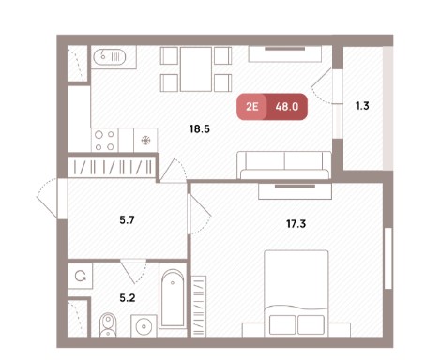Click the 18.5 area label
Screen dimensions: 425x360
tap(200, 128)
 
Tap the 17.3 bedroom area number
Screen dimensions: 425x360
tap(296, 224)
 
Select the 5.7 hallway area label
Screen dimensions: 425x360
tap(127, 220)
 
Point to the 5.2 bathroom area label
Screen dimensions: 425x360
tap(128, 298)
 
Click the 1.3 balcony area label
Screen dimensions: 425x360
tap(362, 106)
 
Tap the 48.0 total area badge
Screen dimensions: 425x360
tap(287, 107)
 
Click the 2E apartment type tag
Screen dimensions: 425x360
tap(251, 107)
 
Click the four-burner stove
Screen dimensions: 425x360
tap(105, 141)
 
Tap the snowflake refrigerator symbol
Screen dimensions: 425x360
tap(145, 141)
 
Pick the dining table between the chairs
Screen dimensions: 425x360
tap(196, 69)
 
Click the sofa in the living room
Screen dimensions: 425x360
tap(284, 165)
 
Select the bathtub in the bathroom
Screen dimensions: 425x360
tap(173, 298)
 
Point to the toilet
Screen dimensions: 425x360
tap(108, 324)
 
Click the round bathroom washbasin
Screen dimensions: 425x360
tap(144, 326)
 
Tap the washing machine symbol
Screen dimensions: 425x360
tap(81, 276)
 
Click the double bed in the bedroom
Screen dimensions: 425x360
tap(296, 293)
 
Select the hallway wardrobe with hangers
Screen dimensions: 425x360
tap(112, 167)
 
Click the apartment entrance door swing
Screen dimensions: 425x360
tap(49, 198)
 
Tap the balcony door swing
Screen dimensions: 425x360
tap(322, 85)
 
